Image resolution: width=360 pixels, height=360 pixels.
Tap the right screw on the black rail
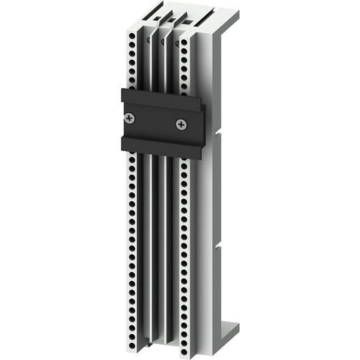(181, 124)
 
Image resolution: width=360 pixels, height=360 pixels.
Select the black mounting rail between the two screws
(155, 121)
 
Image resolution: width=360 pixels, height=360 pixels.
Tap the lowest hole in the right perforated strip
(183, 343)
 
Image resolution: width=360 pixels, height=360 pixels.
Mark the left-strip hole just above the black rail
(134, 83)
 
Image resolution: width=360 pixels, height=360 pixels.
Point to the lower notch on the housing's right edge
(218, 245)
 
